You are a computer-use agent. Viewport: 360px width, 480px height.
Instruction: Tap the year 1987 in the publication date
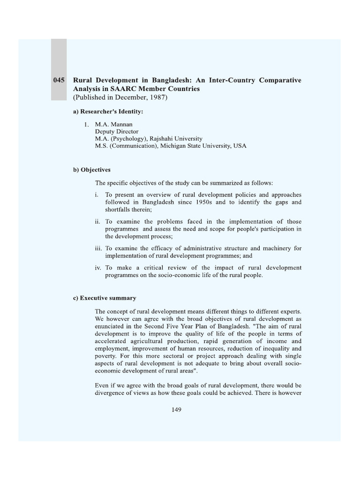pyautogui.click(x=156, y=97)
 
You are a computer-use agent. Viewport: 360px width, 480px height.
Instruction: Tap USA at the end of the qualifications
pyautogui.click(x=239, y=146)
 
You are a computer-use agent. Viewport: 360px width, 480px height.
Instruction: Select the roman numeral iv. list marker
pyautogui.click(x=97, y=268)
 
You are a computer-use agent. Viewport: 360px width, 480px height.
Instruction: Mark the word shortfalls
pyautogui.click(x=119, y=210)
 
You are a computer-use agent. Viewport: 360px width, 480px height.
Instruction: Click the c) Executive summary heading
pyautogui.click(x=104, y=298)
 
